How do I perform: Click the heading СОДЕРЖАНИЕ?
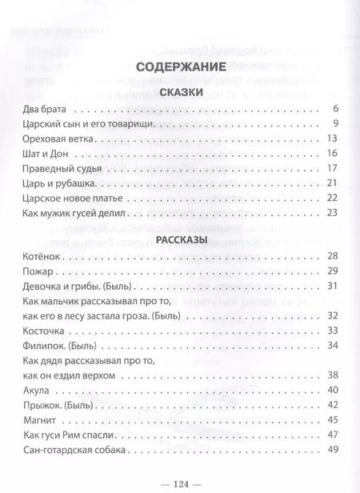point(179,68)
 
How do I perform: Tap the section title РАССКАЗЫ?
point(179,240)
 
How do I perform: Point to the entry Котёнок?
point(34,256)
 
